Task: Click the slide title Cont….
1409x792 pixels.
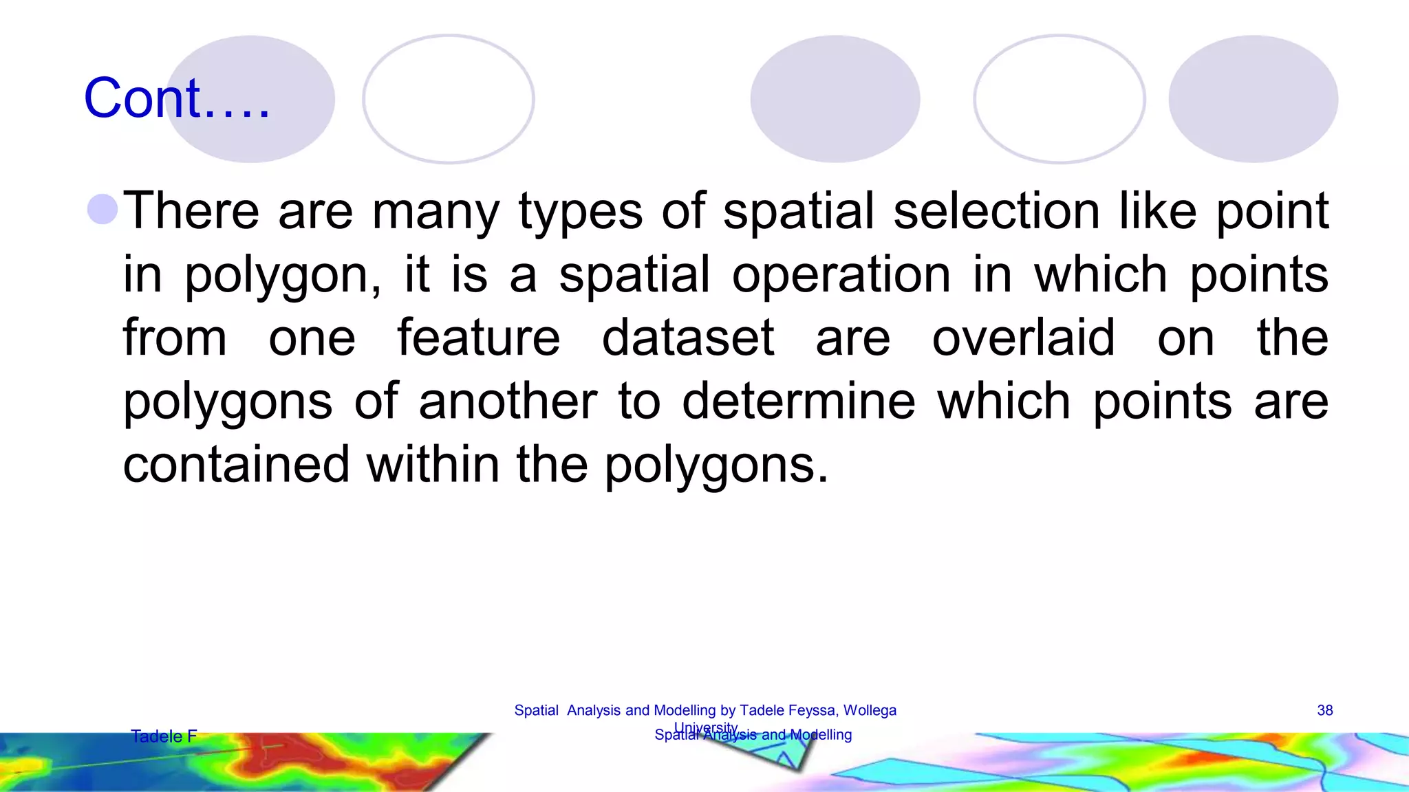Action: coord(177,98)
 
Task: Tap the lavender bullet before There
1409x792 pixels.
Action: coord(103,209)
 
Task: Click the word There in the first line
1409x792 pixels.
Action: coord(191,210)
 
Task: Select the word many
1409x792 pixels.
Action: coord(435,212)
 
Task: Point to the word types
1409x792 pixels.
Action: coord(580,212)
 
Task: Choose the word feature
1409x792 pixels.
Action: coord(479,338)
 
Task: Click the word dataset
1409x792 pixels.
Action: coord(688,338)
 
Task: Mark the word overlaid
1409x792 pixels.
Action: coord(1023,338)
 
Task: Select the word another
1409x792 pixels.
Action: coord(508,401)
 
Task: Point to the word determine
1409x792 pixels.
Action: coord(799,401)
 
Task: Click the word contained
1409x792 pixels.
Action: coord(236,465)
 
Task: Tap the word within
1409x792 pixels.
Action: coord(433,465)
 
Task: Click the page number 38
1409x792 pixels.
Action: coord(1325,711)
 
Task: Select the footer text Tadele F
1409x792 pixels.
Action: coord(164,736)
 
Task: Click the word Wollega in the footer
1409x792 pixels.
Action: coord(870,711)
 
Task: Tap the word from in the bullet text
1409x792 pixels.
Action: coord(175,338)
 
